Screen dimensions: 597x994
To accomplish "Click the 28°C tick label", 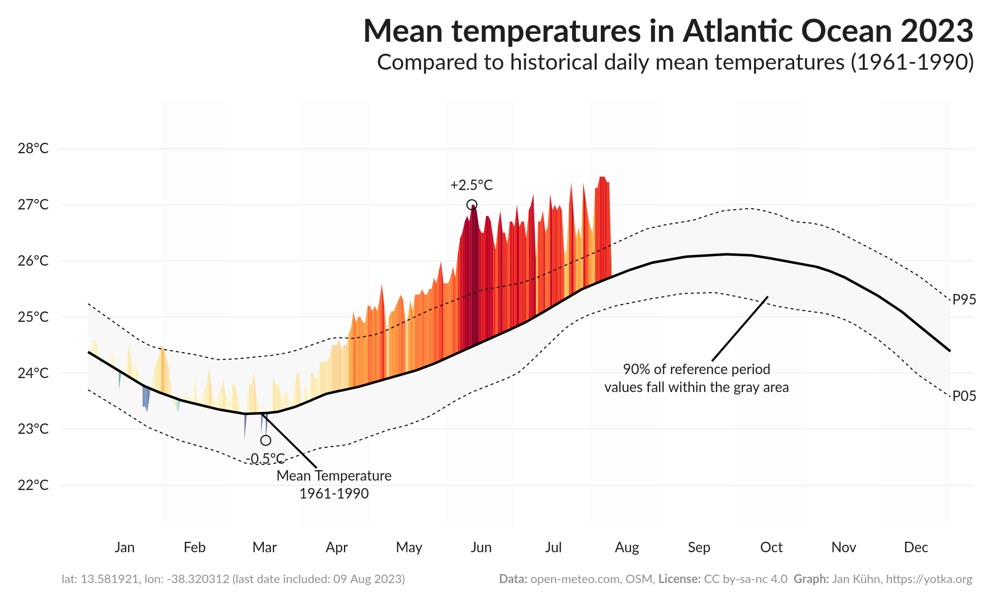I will click(x=33, y=148).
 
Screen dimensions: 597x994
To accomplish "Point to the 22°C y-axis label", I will click(x=33, y=485).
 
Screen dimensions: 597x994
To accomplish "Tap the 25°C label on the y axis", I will click(x=33, y=317).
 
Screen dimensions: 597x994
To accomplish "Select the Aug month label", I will click(x=627, y=547).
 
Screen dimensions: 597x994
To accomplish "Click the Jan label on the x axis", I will click(x=124, y=547).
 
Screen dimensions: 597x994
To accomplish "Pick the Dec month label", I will click(x=915, y=547).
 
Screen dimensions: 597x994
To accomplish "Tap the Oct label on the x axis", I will click(x=771, y=547).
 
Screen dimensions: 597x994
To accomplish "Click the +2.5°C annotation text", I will click(x=471, y=185).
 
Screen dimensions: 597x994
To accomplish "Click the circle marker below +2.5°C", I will click(x=472, y=204).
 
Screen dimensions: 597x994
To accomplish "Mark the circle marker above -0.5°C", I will click(x=265, y=440).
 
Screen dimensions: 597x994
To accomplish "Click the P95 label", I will click(x=964, y=299).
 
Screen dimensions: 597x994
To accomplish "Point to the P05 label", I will click(x=964, y=396).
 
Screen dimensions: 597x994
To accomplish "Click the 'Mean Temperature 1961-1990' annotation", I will click(x=334, y=485).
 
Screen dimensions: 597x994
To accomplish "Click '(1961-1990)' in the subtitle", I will click(x=912, y=62).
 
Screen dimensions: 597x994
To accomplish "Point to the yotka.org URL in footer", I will click(x=929, y=579).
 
